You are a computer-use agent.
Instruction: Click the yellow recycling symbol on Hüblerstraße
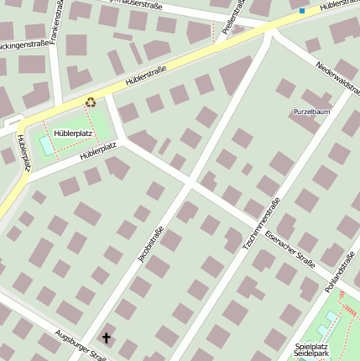[x=90, y=102]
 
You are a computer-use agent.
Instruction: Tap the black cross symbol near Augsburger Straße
[x=106, y=337]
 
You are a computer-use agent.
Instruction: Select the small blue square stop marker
[x=302, y=11]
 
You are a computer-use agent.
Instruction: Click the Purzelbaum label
[x=311, y=112]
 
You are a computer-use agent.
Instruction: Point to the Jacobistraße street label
[x=148, y=243]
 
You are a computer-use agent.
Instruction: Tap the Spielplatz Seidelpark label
[x=311, y=350]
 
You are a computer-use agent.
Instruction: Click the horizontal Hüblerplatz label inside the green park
[x=72, y=133]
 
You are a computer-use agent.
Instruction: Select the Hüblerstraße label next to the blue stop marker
[x=339, y=8]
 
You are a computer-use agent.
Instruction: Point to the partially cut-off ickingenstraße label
[x=23, y=45]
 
